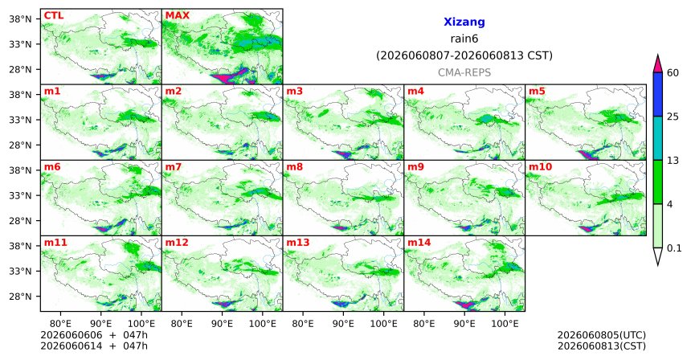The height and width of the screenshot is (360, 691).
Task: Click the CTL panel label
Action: [x=53, y=16]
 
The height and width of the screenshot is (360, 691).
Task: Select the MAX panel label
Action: [x=177, y=16]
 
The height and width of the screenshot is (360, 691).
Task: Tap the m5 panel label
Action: [x=537, y=92]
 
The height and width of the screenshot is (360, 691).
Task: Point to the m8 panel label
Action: [x=294, y=167]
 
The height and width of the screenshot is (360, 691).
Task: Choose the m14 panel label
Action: [x=419, y=243]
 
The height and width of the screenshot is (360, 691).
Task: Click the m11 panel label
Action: [x=55, y=243]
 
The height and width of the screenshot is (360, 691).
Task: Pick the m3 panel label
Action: [x=294, y=92]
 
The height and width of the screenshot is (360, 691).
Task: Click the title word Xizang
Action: [x=464, y=22]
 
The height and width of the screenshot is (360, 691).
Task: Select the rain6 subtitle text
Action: [x=464, y=39]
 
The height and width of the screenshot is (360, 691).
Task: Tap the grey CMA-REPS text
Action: [x=464, y=72]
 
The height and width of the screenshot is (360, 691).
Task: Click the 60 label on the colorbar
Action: [x=673, y=72]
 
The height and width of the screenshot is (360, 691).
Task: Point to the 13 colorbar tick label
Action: [x=673, y=161]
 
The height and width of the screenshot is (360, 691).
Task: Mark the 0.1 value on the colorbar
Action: [x=674, y=248]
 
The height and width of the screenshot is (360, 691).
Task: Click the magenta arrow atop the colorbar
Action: [x=658, y=64]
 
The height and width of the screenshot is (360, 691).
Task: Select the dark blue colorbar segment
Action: [x=658, y=94]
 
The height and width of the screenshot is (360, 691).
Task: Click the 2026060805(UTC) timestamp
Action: [x=602, y=335]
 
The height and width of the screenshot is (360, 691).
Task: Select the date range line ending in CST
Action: [x=464, y=55]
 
